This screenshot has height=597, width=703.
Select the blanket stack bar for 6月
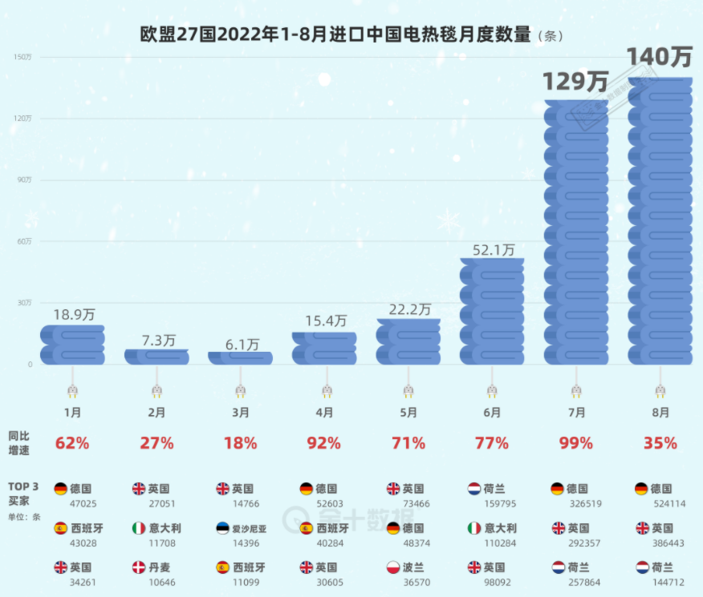492,312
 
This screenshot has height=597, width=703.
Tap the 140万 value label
660,58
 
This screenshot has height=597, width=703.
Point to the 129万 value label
575,81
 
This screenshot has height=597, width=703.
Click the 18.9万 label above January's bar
72,314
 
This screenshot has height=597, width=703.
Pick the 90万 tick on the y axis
24,180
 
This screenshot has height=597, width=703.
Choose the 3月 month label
240,413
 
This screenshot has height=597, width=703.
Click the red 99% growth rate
575,443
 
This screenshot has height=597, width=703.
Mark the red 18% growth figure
240,443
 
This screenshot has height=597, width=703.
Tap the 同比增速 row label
21,442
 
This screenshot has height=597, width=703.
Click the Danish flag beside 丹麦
139,567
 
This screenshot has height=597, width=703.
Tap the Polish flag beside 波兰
393,567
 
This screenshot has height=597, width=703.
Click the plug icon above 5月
408,390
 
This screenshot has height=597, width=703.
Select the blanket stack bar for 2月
156,357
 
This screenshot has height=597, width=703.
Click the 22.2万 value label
408,309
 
